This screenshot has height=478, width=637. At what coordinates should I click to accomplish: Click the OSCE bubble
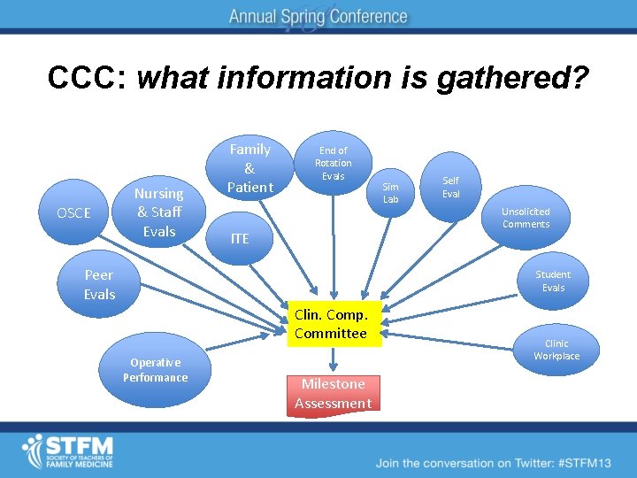click(x=73, y=213)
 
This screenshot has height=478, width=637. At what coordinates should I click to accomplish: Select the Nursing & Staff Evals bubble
click(x=158, y=212)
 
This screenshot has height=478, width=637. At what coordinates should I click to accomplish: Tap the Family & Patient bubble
click(x=249, y=168)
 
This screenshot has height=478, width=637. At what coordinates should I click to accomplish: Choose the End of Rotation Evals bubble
click(x=333, y=163)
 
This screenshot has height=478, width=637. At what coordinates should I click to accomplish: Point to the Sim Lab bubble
click(x=390, y=193)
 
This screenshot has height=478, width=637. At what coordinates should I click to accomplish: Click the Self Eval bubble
click(x=451, y=187)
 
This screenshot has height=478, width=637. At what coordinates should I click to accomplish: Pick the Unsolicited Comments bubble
click(x=526, y=218)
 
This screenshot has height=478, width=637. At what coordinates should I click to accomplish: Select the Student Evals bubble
click(x=553, y=281)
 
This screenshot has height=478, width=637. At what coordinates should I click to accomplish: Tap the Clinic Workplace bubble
click(x=556, y=350)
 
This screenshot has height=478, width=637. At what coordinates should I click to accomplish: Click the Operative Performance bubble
click(x=156, y=370)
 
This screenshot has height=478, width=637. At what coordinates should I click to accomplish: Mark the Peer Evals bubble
click(x=99, y=284)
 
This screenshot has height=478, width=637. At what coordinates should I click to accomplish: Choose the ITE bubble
click(x=240, y=238)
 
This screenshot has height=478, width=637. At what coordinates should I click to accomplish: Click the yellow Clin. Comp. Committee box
click(x=331, y=324)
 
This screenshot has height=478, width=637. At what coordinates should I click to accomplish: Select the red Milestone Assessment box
click(x=333, y=394)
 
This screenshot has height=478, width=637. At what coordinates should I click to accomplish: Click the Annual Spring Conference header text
click(x=318, y=16)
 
